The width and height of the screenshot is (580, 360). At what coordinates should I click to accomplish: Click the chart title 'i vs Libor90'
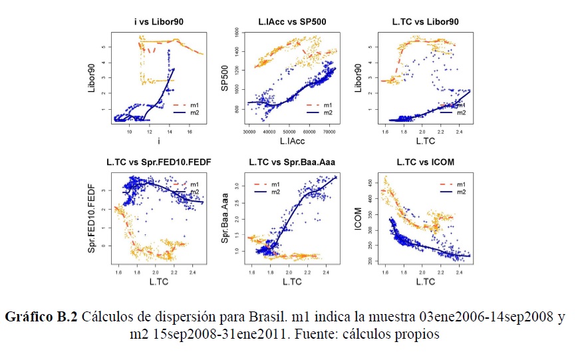coord(158,22)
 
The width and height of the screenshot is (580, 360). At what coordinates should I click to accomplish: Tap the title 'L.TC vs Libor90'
coord(425,22)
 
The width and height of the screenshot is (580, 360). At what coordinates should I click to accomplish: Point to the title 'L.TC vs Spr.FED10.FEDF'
coord(158,162)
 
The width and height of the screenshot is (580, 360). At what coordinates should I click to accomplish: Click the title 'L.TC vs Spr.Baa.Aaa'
coord(291,162)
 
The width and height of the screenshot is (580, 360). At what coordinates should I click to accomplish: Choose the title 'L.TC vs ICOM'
coord(425,162)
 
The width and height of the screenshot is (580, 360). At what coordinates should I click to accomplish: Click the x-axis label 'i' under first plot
coord(158,142)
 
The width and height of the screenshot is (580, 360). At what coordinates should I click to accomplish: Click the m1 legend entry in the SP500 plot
coord(319,105)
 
